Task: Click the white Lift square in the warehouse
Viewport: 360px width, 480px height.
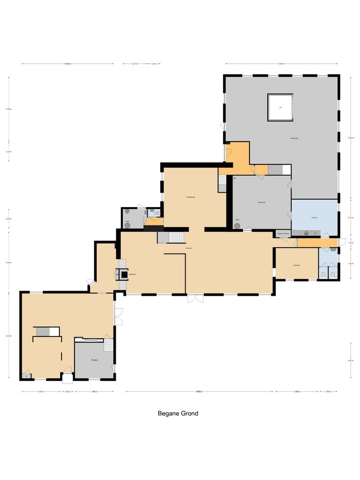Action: [280, 107]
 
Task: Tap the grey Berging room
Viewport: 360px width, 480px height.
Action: [94, 360]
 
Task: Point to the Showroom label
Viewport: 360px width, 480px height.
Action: [190, 197]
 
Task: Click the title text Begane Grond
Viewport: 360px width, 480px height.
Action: [178, 413]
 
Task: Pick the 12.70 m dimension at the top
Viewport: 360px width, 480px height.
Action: [281, 64]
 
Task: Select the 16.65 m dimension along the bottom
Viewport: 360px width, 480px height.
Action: [199, 392]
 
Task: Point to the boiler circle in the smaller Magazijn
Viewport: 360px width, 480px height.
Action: [238, 225]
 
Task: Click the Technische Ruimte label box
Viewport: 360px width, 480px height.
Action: [283, 233]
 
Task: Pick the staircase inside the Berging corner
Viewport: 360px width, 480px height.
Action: [108, 345]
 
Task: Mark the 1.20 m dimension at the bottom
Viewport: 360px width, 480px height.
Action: [67, 392]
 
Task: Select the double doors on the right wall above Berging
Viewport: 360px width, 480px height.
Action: [118, 316]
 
